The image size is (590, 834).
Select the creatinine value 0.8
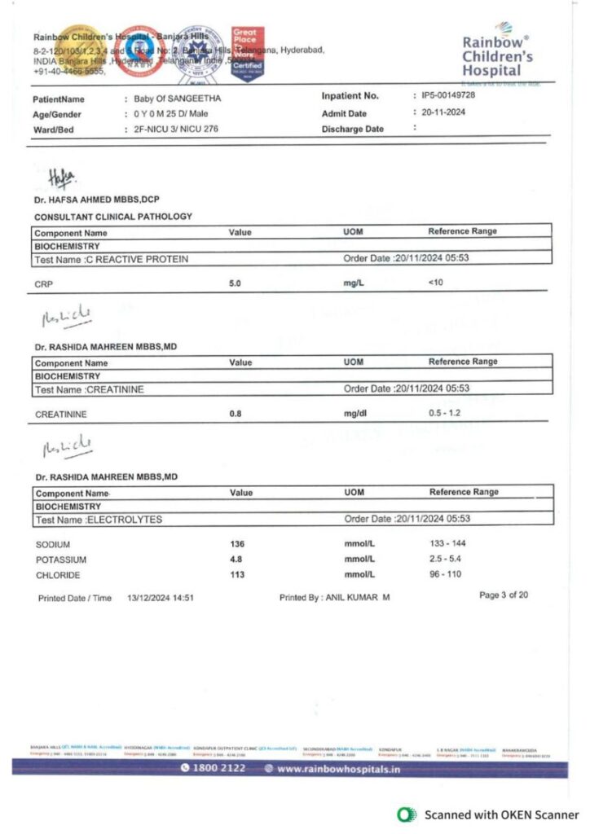pyautogui.click(x=236, y=414)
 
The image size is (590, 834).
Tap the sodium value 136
pyautogui.click(x=237, y=544)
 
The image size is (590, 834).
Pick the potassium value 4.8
pyautogui.click(x=236, y=560)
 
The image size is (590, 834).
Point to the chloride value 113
pyautogui.click(x=237, y=575)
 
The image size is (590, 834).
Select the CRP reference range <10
pyautogui.click(x=435, y=283)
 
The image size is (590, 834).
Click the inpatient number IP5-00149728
pyautogui.click(x=448, y=96)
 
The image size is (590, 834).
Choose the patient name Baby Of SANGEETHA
pyautogui.click(x=178, y=99)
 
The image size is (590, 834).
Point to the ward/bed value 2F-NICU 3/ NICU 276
pyautogui.click(x=176, y=129)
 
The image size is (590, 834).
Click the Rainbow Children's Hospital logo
pyautogui.click(x=497, y=55)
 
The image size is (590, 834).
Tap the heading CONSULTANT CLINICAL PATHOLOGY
pyautogui.click(x=113, y=217)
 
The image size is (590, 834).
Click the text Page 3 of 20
pyautogui.click(x=504, y=595)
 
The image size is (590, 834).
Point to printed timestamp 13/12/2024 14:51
pyautogui.click(x=160, y=598)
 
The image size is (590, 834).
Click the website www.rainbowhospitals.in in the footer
pyautogui.click(x=338, y=769)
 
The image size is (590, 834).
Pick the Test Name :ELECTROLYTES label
pyautogui.click(x=99, y=519)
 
